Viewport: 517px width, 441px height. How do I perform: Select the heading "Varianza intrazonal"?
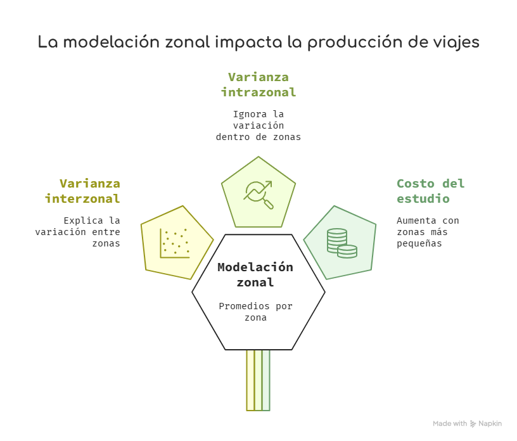pyautogui.click(x=258, y=85)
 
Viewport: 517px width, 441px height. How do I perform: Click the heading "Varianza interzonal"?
pyautogui.click(x=82, y=191)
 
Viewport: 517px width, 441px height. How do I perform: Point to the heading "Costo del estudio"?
pyautogui.click(x=431, y=191)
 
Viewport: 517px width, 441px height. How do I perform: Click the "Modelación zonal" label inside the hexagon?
pyautogui.click(x=255, y=275)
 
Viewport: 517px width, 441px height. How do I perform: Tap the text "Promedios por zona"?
pyautogui.click(x=255, y=312)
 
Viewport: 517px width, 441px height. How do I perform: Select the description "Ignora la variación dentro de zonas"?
pyautogui.click(x=258, y=125)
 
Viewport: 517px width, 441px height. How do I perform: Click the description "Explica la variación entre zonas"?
pyautogui.click(x=78, y=232)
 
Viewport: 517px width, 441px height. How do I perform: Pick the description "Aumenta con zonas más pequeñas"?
pyautogui.click(x=428, y=232)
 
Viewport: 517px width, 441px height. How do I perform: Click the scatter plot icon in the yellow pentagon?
pyautogui.click(x=175, y=243)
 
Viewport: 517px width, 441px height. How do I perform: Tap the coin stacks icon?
pyautogui.click(x=342, y=243)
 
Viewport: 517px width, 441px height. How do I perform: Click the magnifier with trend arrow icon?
pyautogui.click(x=258, y=195)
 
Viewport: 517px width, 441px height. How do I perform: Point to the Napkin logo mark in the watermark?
pyautogui.click(x=473, y=424)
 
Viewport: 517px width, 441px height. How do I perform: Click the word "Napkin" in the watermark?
pyautogui.click(x=490, y=423)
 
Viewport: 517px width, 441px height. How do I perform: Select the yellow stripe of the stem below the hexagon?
pyautogui.click(x=251, y=380)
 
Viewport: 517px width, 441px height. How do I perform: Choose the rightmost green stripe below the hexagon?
pyautogui.click(x=266, y=380)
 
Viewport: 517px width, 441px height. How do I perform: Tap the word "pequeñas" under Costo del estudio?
pyautogui.click(x=419, y=243)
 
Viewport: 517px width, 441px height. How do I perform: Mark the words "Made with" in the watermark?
pyautogui.click(x=450, y=423)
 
